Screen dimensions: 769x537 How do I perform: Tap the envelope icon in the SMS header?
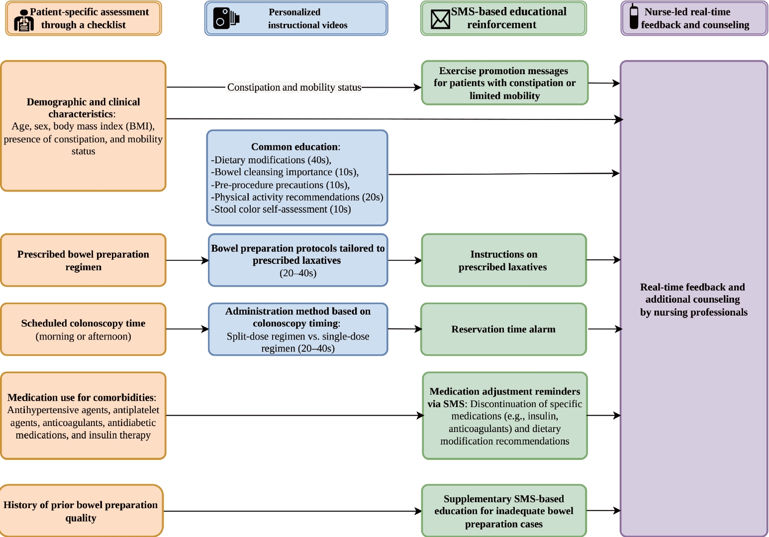(x=440, y=19)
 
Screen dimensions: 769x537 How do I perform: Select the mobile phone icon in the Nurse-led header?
(x=634, y=17)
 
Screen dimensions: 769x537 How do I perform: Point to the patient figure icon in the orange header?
(x=24, y=20)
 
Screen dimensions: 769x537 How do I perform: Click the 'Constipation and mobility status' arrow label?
(x=294, y=87)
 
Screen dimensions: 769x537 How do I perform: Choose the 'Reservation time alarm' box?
(x=503, y=329)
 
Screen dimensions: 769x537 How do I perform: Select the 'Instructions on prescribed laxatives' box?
(x=504, y=260)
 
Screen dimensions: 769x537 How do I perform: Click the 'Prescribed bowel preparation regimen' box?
(x=84, y=260)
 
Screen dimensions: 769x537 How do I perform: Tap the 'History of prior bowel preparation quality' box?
(x=82, y=511)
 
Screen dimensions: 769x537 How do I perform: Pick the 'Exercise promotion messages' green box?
(x=505, y=83)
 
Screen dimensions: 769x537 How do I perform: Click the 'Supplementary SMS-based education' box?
(x=504, y=511)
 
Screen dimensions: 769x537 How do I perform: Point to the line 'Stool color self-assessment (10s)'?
(x=281, y=209)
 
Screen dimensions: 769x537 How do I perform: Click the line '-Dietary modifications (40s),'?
(x=271, y=160)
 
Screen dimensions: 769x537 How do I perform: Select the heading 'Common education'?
(x=294, y=147)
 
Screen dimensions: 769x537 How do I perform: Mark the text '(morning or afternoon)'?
(x=84, y=336)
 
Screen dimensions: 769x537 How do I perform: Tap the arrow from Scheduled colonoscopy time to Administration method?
(x=188, y=329)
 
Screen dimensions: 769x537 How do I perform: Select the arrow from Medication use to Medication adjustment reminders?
(x=295, y=416)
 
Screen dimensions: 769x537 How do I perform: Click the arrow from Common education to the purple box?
(x=504, y=174)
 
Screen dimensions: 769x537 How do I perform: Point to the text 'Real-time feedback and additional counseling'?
(x=693, y=293)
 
